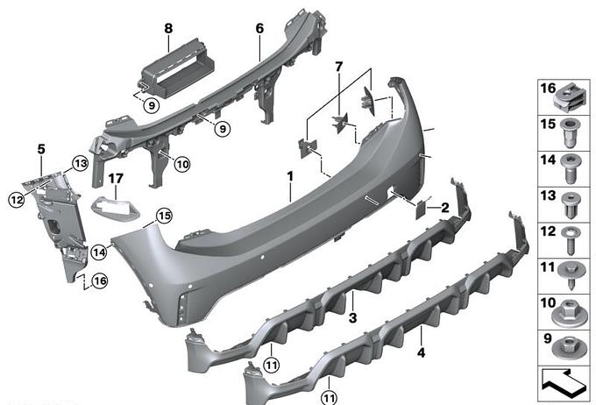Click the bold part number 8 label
point(168,28)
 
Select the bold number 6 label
point(259,28)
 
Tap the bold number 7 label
point(338,67)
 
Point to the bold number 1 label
point(290,176)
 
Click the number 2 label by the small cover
point(444,208)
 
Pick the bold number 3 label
point(352,317)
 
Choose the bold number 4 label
point(422,353)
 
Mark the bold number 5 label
point(41,149)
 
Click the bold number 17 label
point(116,178)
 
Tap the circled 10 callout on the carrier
point(182,165)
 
